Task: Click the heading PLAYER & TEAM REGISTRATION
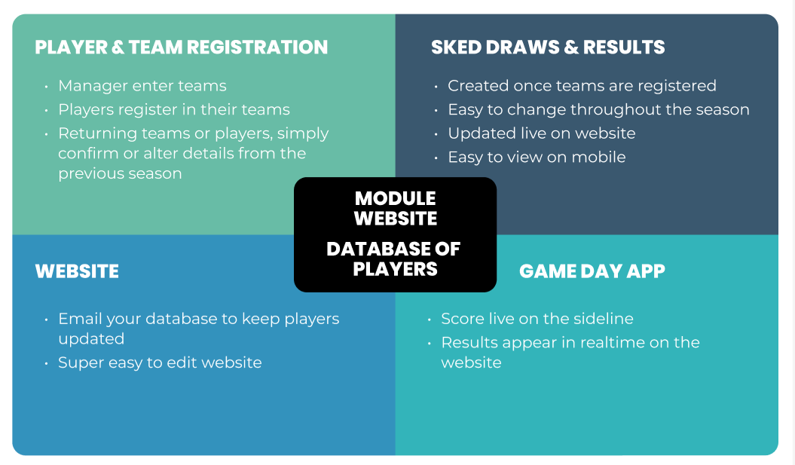(x=182, y=47)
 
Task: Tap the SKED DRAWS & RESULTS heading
(x=548, y=47)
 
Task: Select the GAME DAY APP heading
(x=592, y=271)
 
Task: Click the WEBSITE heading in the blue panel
(x=77, y=271)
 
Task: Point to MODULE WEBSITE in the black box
(x=395, y=209)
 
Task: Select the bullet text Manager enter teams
(x=142, y=86)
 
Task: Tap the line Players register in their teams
(x=174, y=109)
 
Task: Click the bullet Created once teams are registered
(x=582, y=86)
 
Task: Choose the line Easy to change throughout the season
(x=598, y=109)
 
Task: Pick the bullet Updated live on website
(x=541, y=133)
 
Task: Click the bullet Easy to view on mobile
(x=537, y=157)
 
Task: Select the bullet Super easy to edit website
(x=160, y=363)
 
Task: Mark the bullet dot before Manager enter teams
(x=47, y=87)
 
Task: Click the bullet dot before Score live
(x=430, y=320)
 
